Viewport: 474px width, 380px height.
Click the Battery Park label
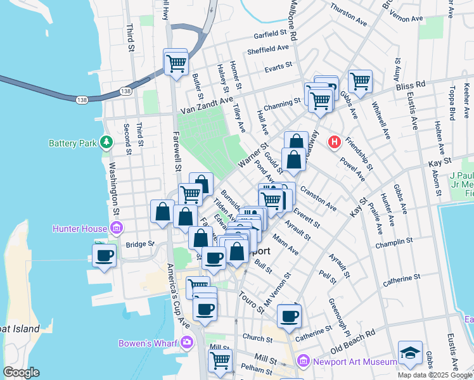coord(72,143)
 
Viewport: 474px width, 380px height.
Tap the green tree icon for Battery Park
coord(106,142)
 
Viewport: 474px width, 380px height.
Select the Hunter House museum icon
coord(116,227)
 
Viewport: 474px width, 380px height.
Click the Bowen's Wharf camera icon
coord(186,343)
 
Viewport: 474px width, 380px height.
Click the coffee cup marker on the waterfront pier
coord(104,256)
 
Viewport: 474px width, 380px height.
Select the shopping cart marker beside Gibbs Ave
coord(360,81)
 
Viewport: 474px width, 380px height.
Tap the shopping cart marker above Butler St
coord(176,62)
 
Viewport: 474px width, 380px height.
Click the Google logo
coord(22,372)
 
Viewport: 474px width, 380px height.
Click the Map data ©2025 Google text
coord(434,374)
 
